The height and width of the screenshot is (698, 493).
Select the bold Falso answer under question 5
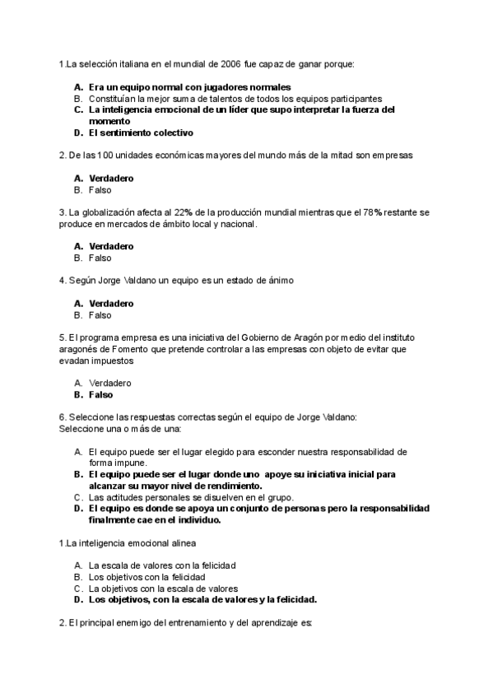click(x=101, y=395)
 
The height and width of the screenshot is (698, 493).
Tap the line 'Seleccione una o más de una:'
click(x=120, y=429)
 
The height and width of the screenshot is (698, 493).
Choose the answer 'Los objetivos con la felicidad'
click(x=147, y=577)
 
